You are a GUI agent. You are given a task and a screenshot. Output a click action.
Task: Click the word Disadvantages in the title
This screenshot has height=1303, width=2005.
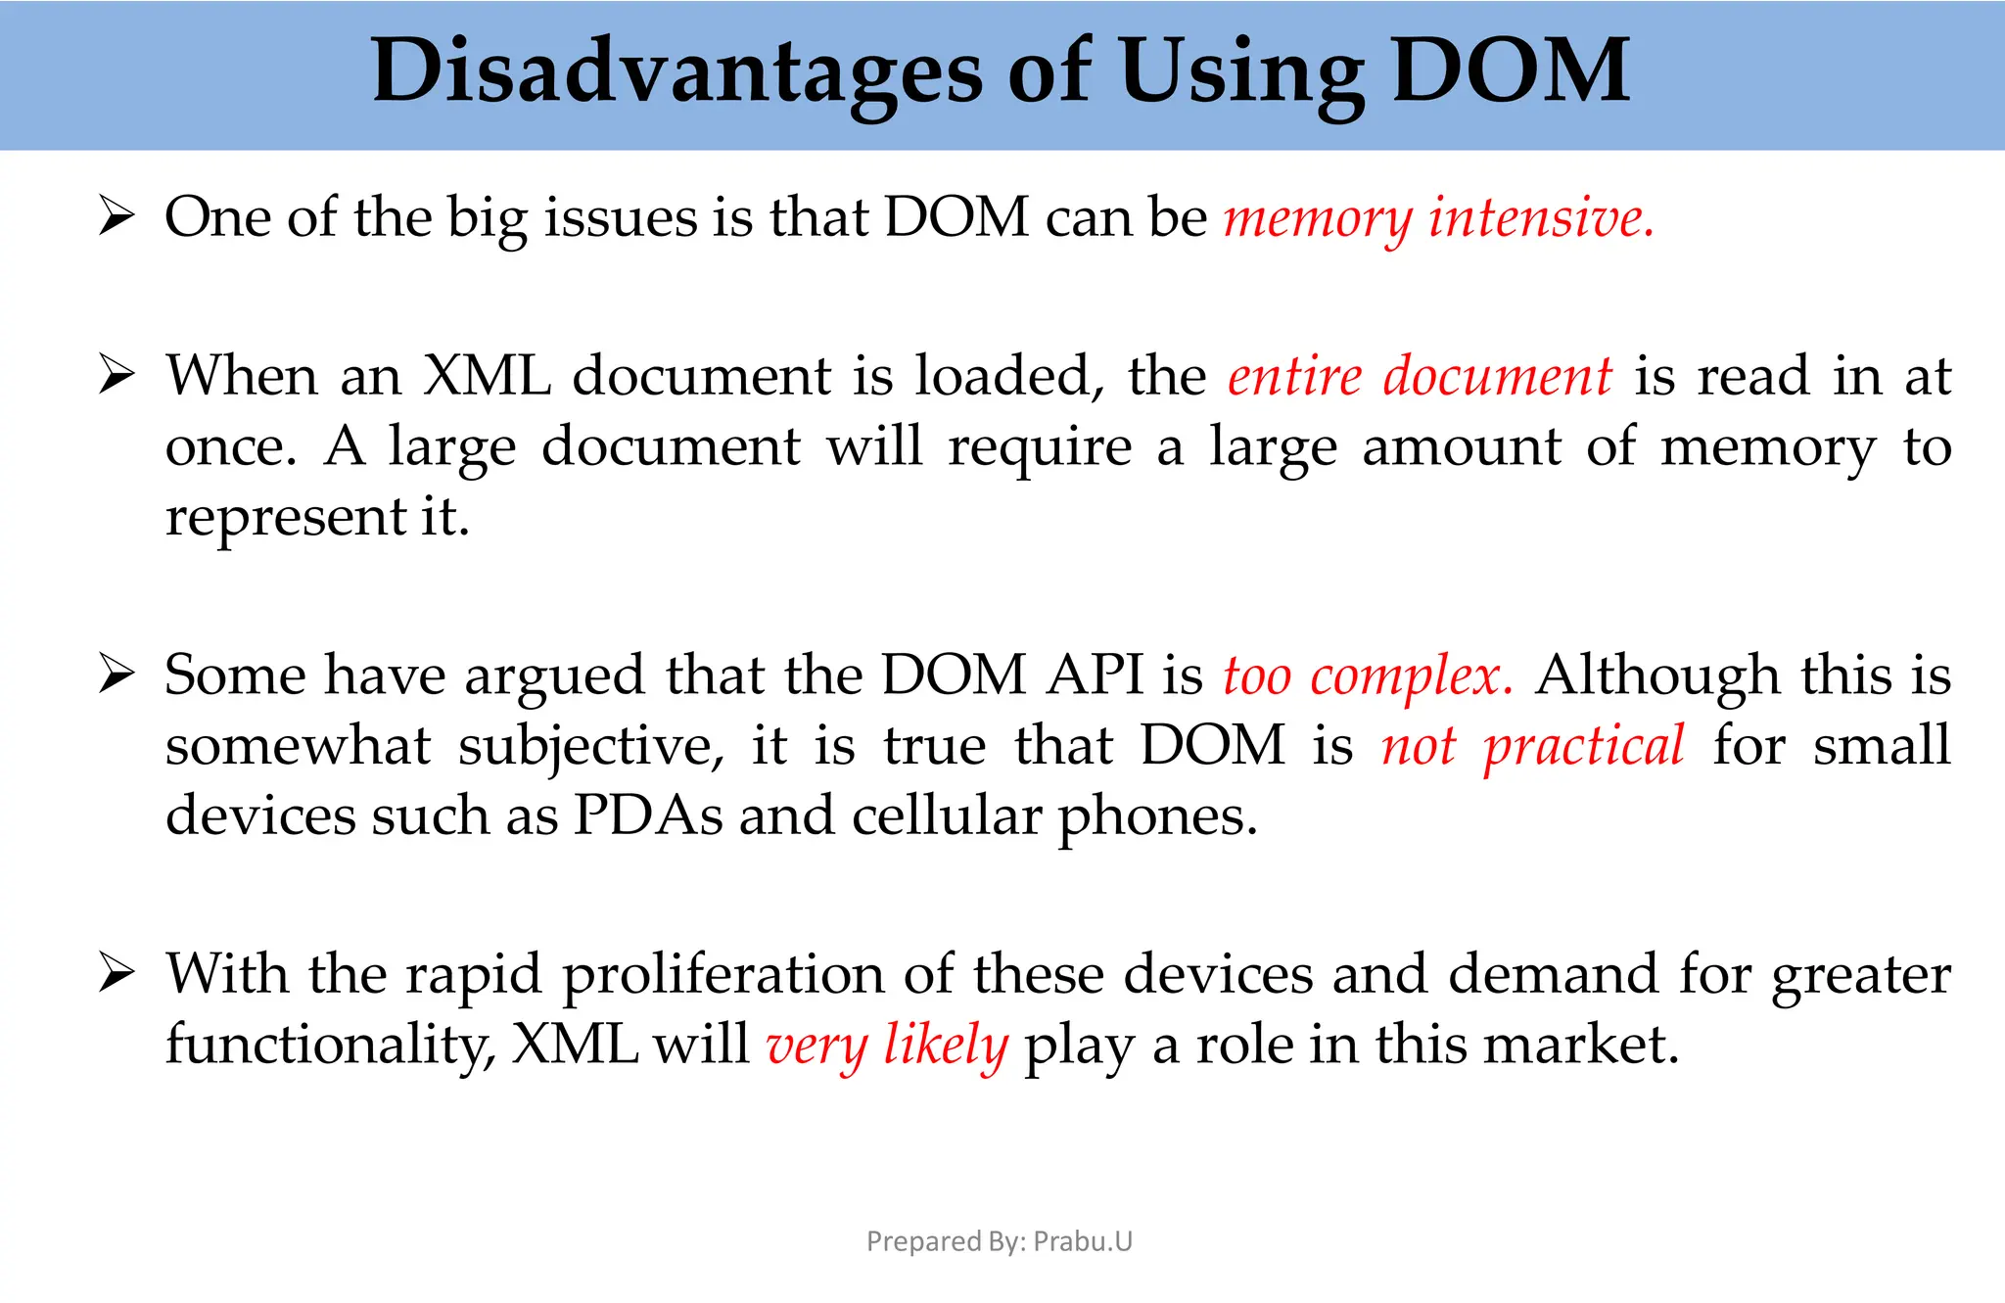coord(676,71)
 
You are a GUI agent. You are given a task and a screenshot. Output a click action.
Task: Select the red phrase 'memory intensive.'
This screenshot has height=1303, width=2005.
coord(1438,217)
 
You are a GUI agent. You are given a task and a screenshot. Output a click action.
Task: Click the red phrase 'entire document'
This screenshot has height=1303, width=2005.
coord(1420,376)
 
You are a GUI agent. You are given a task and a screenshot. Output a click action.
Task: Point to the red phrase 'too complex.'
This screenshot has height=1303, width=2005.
coord(1368,675)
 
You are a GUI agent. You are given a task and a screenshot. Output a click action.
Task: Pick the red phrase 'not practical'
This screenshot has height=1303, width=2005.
coord(1533,746)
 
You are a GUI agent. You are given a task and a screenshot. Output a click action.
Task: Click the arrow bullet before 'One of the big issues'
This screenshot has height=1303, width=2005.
coord(117,216)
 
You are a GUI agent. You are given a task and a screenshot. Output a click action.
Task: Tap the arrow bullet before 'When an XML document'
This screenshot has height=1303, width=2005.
coord(117,376)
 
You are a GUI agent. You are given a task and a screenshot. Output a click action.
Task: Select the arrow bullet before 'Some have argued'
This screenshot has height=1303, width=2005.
coord(117,675)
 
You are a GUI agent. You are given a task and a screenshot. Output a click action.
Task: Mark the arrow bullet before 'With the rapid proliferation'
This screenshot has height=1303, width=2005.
coord(117,974)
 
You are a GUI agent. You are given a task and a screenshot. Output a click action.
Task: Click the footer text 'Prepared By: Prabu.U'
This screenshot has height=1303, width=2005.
coord(1000,1241)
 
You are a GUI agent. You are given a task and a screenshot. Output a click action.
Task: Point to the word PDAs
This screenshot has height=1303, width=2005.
coord(648,815)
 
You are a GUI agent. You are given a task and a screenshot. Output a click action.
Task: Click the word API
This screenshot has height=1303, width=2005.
coord(1095,675)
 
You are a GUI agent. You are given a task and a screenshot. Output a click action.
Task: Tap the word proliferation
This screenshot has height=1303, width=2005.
coord(723,975)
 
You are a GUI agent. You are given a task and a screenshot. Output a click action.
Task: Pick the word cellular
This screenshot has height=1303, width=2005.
coord(946,815)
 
